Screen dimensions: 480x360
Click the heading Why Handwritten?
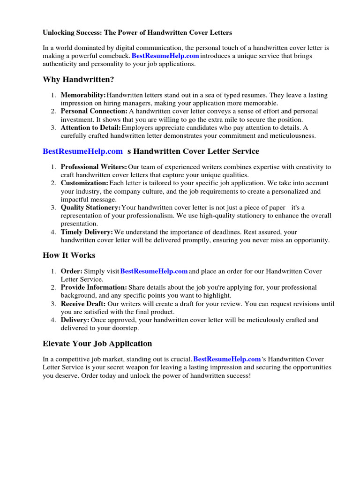(78, 80)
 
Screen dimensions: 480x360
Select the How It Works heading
(69, 255)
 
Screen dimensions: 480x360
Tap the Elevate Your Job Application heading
(97, 344)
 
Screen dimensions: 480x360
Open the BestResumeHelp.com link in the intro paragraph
(165, 56)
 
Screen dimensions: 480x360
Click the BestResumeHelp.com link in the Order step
(154, 271)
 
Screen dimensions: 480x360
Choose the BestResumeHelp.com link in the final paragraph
(227, 360)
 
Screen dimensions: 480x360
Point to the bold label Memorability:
(83, 95)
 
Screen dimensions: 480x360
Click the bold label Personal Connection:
(94, 112)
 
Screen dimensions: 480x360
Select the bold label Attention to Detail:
(90, 127)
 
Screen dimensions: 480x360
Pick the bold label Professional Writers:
(94, 167)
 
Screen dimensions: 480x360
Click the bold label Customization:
(84, 183)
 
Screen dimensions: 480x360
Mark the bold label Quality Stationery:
(90, 207)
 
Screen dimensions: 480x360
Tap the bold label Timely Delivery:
(87, 232)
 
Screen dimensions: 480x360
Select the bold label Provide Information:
(94, 287)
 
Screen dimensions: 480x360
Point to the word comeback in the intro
(115, 56)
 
